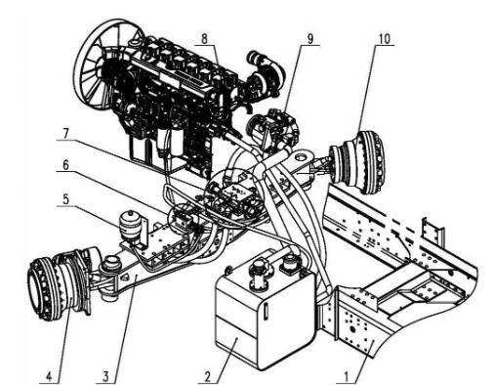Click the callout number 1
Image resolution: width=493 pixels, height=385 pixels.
pos(347,377)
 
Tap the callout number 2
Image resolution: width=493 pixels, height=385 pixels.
pos(208,377)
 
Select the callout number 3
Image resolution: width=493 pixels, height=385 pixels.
pos(105,377)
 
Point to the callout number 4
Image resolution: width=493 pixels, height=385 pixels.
pos(49,377)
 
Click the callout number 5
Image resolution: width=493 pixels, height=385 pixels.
pos(66,199)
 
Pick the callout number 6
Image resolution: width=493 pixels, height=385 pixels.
pos(65,165)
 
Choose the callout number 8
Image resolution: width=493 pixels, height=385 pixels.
pos(204,39)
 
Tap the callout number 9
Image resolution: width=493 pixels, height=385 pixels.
pos(309,39)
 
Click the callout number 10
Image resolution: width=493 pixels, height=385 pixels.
pos(384,39)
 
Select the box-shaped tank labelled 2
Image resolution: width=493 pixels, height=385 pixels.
pos(265,310)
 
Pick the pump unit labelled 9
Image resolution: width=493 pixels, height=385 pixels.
pos(273,130)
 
